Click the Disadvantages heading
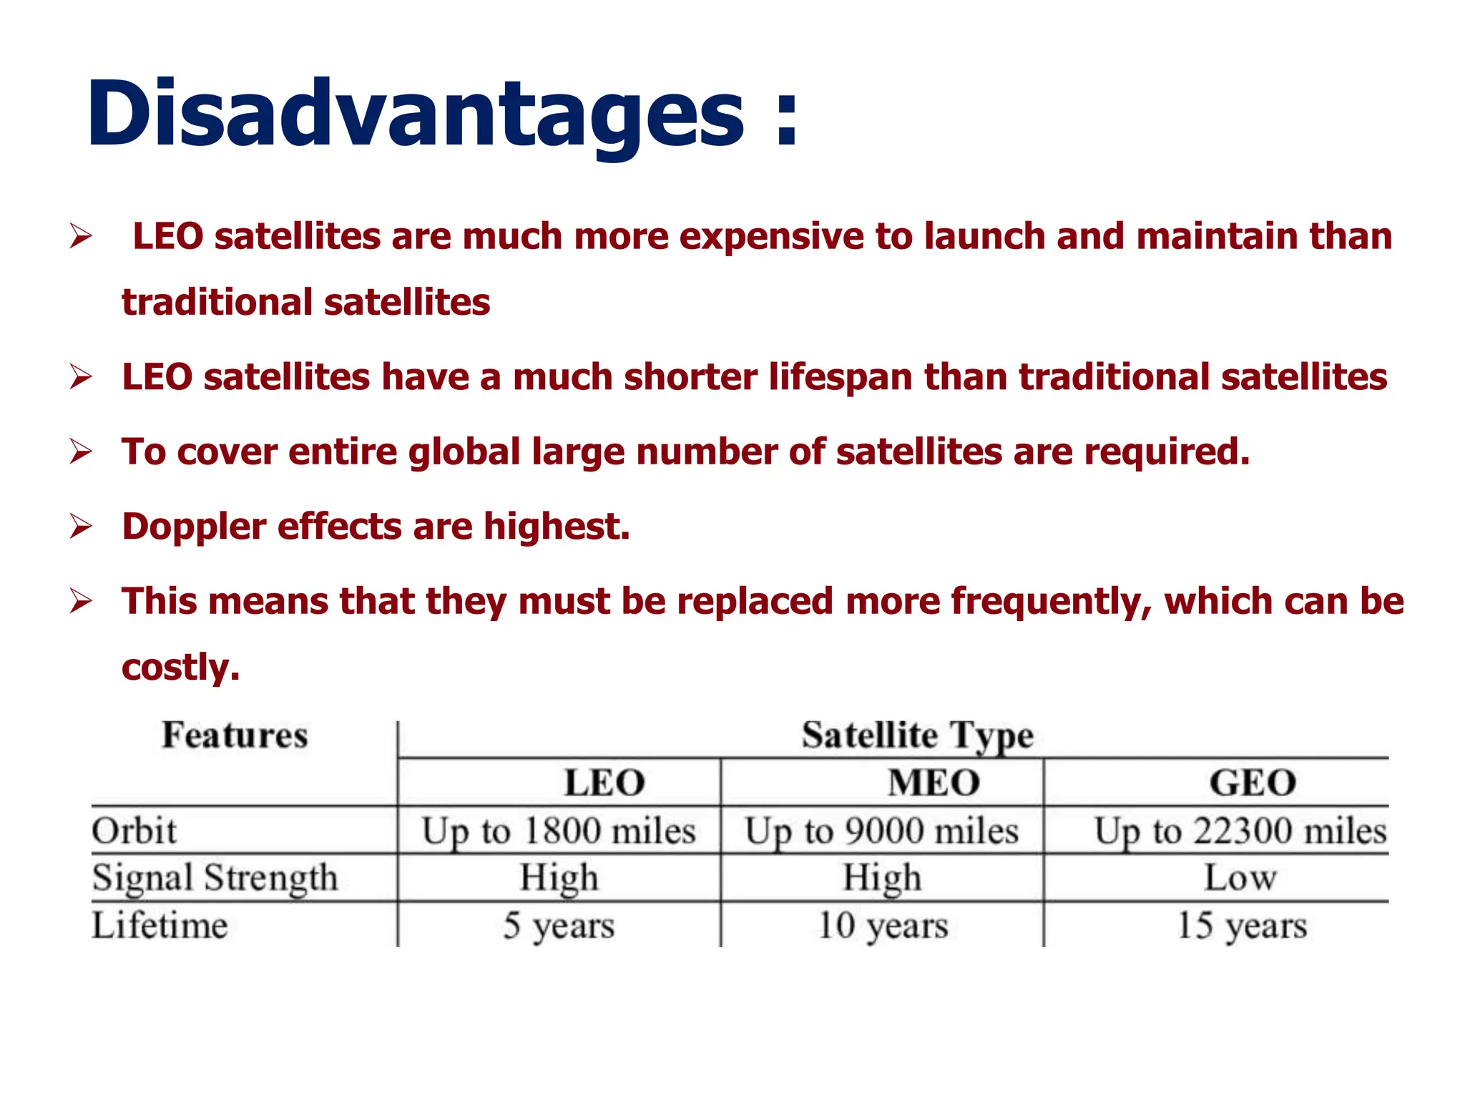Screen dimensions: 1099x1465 click(x=442, y=114)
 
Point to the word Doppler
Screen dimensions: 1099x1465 click(x=194, y=527)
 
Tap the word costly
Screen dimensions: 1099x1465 click(x=180, y=668)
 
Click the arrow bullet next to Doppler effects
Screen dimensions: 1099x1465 click(x=81, y=527)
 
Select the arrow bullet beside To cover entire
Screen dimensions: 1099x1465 click(x=81, y=452)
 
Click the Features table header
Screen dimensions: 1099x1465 click(x=235, y=736)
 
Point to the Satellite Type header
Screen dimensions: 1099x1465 click(x=917, y=736)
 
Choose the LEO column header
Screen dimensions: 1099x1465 click(x=604, y=783)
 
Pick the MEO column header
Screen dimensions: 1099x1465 click(x=934, y=783)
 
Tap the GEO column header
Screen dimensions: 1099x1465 click(x=1253, y=783)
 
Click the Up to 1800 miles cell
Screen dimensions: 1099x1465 click(x=559, y=831)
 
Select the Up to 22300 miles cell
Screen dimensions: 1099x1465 click(x=1240, y=831)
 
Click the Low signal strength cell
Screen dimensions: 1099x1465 click(x=1240, y=878)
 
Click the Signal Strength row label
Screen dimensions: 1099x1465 click(x=215, y=878)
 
